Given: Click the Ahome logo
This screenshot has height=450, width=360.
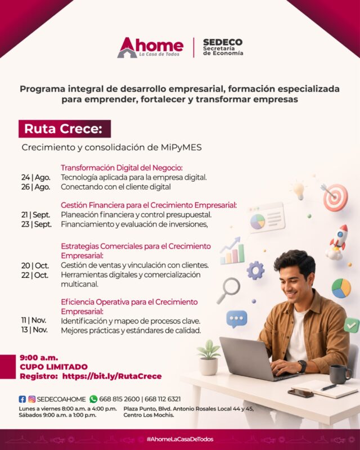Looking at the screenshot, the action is pyautogui.click(x=150, y=47).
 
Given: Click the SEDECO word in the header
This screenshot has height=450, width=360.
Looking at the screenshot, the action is pyautogui.click(x=223, y=42).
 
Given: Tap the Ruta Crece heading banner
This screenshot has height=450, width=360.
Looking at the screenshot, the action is pyautogui.click(x=65, y=129).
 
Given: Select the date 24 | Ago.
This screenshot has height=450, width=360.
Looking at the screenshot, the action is pyautogui.click(x=36, y=177).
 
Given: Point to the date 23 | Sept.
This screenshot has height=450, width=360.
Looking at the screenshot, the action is pyautogui.click(x=37, y=224).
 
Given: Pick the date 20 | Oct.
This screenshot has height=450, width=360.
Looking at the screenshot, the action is pyautogui.click(x=35, y=265).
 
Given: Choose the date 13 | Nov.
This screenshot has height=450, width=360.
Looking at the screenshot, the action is pyautogui.click(x=34, y=330).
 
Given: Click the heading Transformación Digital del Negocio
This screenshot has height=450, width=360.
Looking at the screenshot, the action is pyautogui.click(x=121, y=168).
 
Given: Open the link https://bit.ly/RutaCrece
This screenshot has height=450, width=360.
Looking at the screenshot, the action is pyautogui.click(x=112, y=376).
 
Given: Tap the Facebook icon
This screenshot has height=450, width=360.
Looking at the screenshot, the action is pyautogui.click(x=22, y=399).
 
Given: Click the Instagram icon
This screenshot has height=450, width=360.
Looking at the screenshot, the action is pyautogui.click(x=32, y=399).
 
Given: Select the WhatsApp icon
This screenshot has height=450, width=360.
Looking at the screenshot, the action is pyautogui.click(x=93, y=399).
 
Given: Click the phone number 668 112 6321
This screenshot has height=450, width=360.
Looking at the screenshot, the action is pyautogui.click(x=163, y=399).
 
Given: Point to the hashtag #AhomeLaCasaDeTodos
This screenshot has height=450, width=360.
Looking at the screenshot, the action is pyautogui.click(x=180, y=439).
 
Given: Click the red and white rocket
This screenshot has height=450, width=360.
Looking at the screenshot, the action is pyautogui.click(x=337, y=242).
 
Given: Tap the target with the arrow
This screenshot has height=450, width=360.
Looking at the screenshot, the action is pyautogui.click(x=335, y=196).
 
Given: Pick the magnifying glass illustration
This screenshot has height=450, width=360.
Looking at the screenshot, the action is pyautogui.click(x=228, y=290).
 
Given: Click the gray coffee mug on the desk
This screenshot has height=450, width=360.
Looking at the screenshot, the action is pyautogui.click(x=340, y=374).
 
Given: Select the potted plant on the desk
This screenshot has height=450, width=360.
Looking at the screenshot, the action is pyautogui.click(x=209, y=358).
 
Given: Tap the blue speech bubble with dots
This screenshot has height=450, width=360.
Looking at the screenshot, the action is pyautogui.click(x=237, y=319).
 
